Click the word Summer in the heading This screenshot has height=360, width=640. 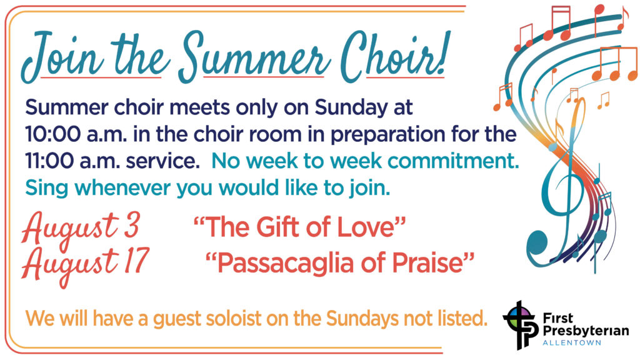pos(254,57)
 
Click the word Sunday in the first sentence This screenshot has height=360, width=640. pos(351,107)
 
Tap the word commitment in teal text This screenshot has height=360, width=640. pos(453,161)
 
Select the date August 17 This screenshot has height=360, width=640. pos(86,263)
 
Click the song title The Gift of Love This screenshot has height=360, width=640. pos(299,227)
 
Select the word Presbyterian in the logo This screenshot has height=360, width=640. pos(586,331)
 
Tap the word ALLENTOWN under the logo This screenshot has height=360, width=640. pos(572,343)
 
